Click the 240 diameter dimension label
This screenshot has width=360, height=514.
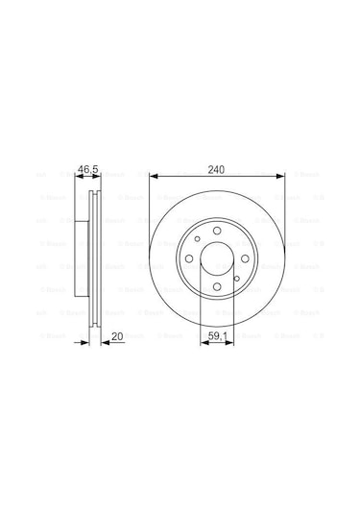pyautogui.click(x=217, y=169)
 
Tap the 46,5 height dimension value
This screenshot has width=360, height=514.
pyautogui.click(x=89, y=169)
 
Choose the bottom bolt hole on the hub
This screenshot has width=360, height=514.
pyautogui.click(x=217, y=286)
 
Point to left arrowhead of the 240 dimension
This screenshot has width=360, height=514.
pyautogui.click(x=155, y=176)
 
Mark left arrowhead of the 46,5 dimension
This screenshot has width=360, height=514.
pyautogui.click(x=79, y=176)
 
